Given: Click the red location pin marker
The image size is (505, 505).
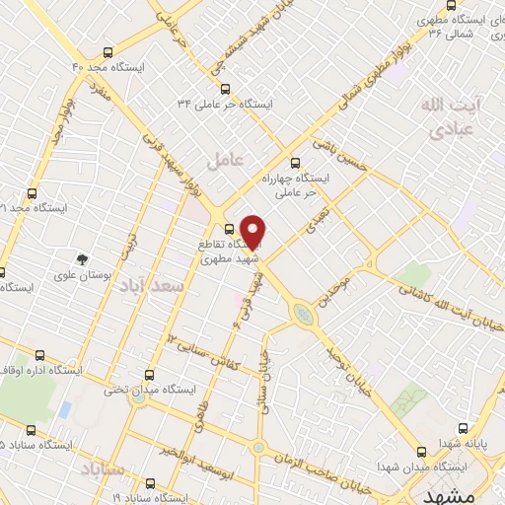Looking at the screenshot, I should pos(253,231).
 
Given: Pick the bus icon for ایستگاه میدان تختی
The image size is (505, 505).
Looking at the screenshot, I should pos(149,375).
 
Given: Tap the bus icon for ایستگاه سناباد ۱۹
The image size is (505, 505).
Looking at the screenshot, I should pos(151,483).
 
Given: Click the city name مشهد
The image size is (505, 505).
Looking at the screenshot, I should pos(469,492).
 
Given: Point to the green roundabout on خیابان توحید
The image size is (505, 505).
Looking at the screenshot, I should pos(301,315).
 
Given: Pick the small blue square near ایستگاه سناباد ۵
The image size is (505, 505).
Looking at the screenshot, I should pos(65,408).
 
